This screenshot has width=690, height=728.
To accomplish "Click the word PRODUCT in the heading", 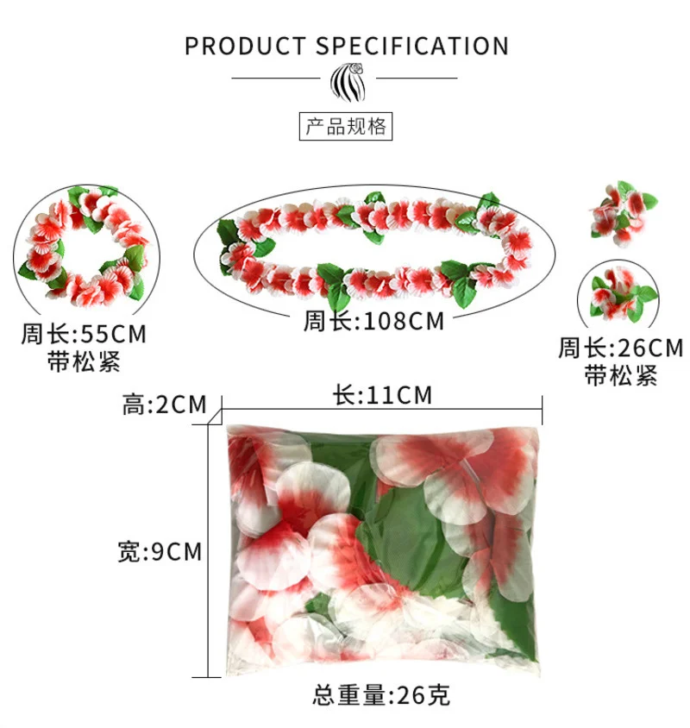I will [x=244, y=46].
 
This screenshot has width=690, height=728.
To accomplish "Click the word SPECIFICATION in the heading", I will [x=411, y=46].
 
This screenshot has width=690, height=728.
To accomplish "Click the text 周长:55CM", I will [x=85, y=333].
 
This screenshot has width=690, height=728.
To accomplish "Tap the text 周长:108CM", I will [x=373, y=322].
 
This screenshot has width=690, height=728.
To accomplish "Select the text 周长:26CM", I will [x=621, y=348].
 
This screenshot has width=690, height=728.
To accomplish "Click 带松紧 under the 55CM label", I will [x=84, y=361].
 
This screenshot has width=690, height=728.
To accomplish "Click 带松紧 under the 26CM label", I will [x=621, y=375].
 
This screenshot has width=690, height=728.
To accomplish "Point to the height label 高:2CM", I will [x=165, y=404].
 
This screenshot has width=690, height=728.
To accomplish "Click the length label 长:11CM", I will [x=382, y=395].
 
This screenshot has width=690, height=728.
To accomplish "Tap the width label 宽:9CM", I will [x=160, y=551].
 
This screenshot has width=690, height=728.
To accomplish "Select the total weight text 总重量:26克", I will [x=381, y=694].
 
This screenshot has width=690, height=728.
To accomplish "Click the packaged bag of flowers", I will [x=381, y=544].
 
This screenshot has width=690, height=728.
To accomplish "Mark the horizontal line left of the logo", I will [x=276, y=78].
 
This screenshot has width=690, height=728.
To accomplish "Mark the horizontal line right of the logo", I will [x=417, y=78].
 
